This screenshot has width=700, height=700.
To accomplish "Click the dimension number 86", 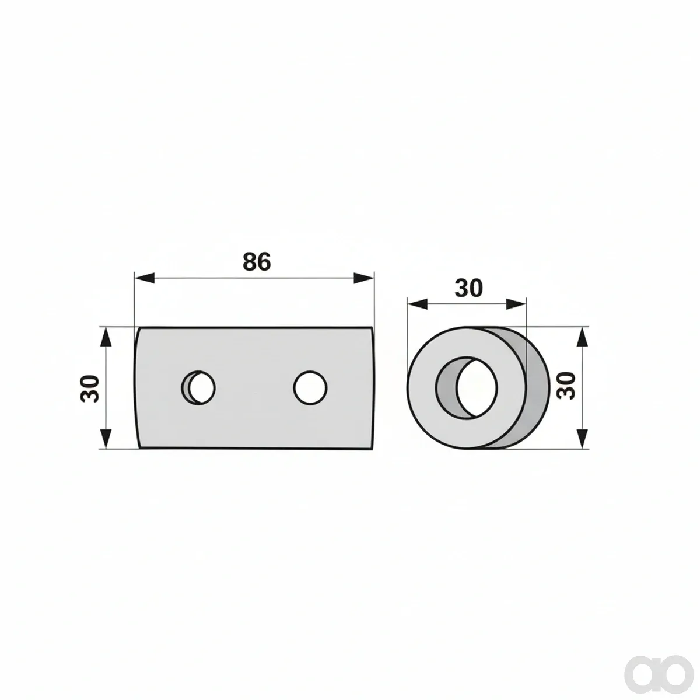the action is click(x=257, y=261).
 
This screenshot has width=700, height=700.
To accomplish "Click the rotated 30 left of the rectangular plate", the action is click(x=90, y=388).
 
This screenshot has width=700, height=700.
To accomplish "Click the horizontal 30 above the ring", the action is click(x=468, y=288).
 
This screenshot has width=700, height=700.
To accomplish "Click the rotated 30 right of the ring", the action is click(x=566, y=386).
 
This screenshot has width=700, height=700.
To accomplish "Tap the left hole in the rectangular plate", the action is click(x=199, y=387).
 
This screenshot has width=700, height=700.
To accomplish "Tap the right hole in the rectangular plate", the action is click(x=310, y=387).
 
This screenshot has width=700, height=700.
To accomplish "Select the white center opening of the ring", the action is click(x=477, y=387).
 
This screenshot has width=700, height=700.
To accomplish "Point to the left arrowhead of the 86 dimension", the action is click(x=145, y=278).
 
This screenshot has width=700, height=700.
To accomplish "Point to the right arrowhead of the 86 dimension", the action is click(x=363, y=278).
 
